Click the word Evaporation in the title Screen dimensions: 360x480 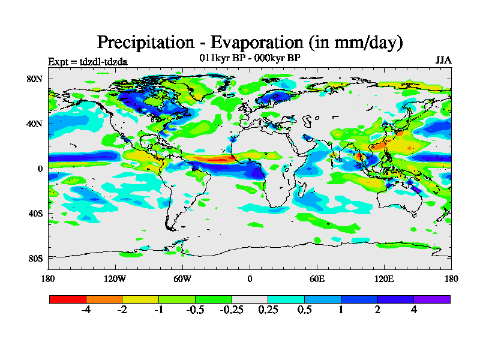(x=254, y=43)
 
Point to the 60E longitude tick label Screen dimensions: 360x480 (x=317, y=278)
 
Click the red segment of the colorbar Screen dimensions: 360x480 (x=68, y=299)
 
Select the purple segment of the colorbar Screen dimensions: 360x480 (x=432, y=299)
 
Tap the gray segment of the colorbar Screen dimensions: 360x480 (x=250, y=299)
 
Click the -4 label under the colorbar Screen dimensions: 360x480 (x=86, y=310)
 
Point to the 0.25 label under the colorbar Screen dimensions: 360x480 (x=268, y=310)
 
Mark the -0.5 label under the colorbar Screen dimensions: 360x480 (x=195, y=310)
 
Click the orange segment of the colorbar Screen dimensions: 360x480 (x=104, y=299)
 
